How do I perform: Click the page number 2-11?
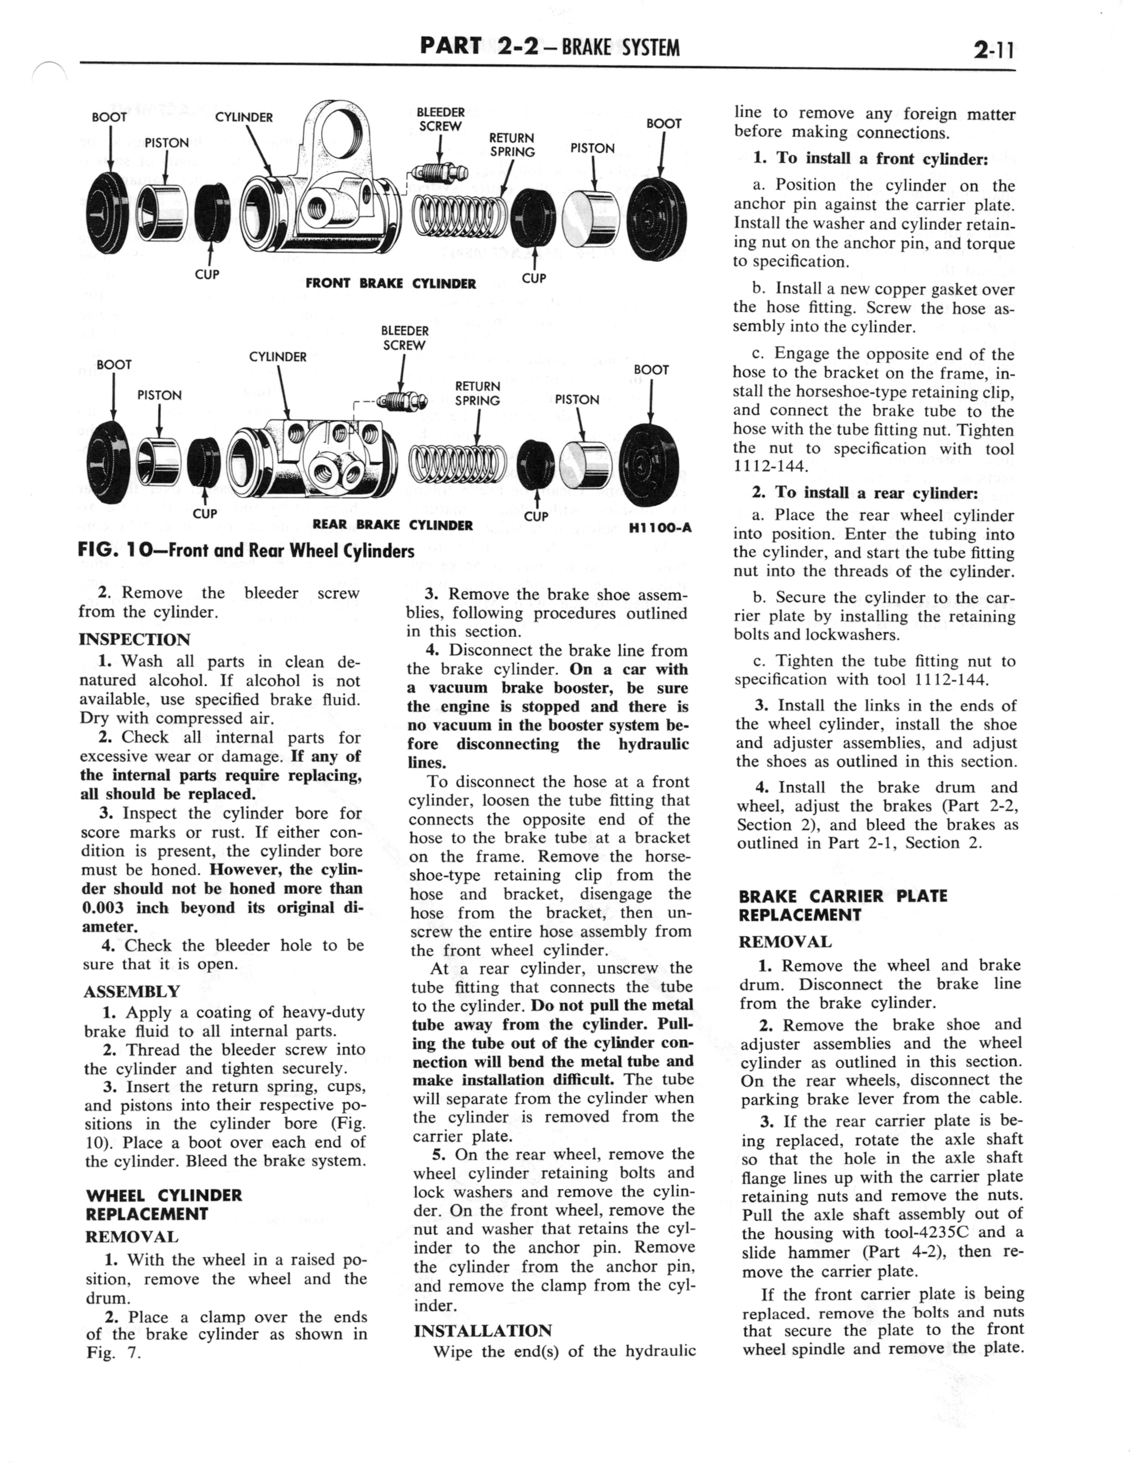pyautogui.click(x=991, y=48)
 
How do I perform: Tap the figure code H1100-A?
pyautogui.click(x=660, y=528)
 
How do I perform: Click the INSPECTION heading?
pyautogui.click(x=134, y=639)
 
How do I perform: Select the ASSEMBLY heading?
pyautogui.click(x=131, y=991)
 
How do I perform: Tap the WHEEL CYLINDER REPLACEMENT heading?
pyautogui.click(x=164, y=1204)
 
